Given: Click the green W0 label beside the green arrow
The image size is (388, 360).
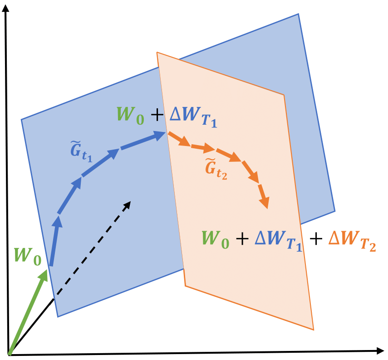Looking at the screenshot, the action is pyautogui.click(x=28, y=257).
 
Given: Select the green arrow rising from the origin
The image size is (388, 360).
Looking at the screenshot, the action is pyautogui.click(x=28, y=312).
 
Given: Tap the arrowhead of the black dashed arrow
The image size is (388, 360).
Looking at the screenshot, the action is pyautogui.click(x=127, y=205).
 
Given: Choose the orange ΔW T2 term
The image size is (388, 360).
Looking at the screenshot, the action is pyautogui.click(x=352, y=241).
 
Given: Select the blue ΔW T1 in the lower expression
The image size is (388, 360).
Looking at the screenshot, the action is pyautogui.click(x=278, y=241).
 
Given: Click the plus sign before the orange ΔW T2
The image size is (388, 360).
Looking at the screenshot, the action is pyautogui.click(x=316, y=239).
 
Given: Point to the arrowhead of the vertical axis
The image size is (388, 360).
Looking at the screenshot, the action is pyautogui.click(x=5, y=8).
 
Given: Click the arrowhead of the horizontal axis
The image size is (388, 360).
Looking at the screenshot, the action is pyautogui.click(x=380, y=350).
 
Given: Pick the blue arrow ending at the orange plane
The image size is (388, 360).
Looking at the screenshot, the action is pyautogui.click(x=143, y=140).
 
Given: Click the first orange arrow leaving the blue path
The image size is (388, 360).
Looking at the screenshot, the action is pyautogui.click(x=179, y=139).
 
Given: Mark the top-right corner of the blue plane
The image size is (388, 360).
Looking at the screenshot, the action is pyautogui.click(x=299, y=14).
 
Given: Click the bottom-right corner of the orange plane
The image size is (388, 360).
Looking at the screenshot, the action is pyautogui.click(x=314, y=330).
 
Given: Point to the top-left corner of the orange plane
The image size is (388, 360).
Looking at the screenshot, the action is pyautogui.click(x=157, y=52).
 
